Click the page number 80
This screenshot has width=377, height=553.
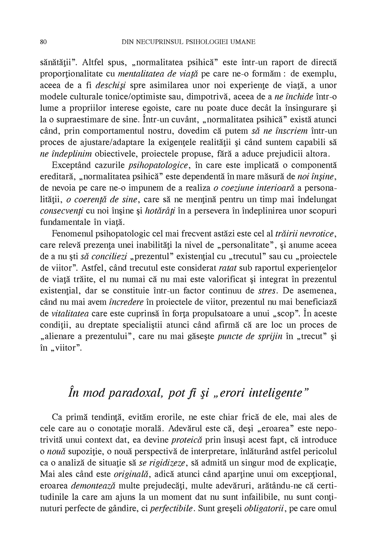click(43, 42)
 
